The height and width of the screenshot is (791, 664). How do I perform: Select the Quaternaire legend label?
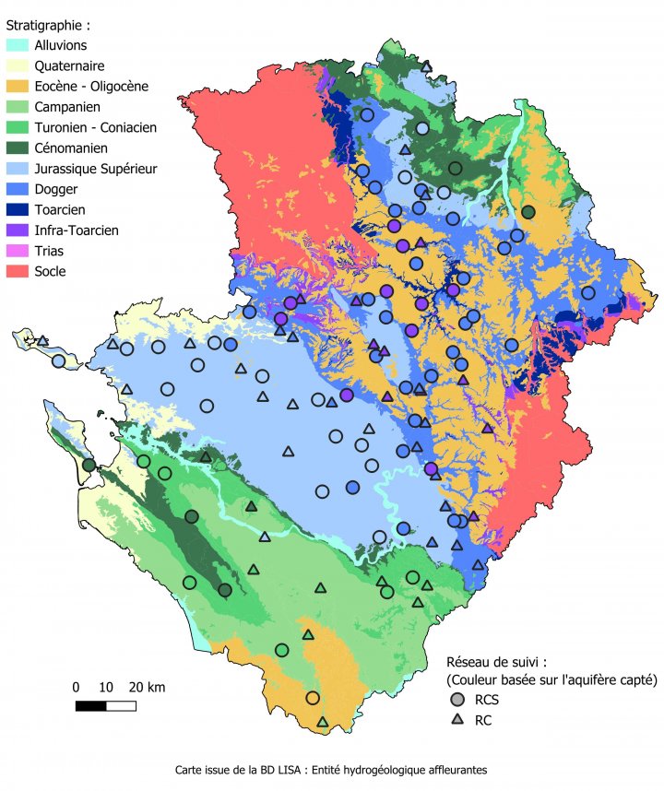[x=69, y=65]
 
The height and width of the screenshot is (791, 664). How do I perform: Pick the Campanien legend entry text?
[x=66, y=107]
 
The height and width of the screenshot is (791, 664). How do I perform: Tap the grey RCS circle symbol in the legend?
[x=452, y=700]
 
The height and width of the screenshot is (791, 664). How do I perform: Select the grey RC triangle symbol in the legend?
[x=452, y=720]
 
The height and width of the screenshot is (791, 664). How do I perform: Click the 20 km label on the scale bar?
[x=147, y=687]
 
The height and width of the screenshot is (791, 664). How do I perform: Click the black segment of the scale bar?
[x=90, y=706]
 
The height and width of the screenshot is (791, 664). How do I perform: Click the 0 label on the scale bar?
[x=77, y=687]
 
